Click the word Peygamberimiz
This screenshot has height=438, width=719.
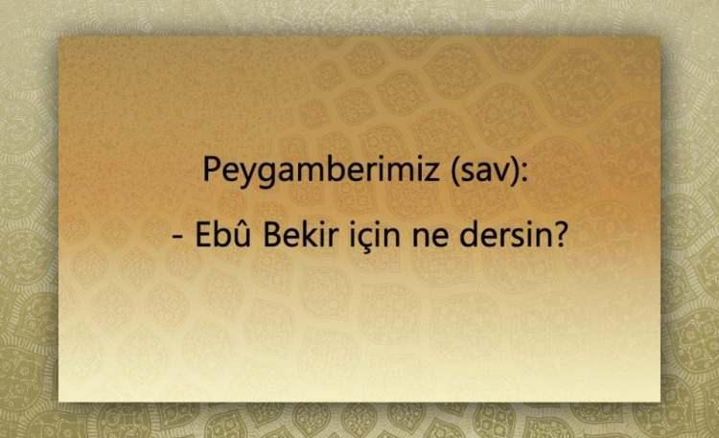(320, 171)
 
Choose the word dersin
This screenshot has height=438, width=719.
(504, 234)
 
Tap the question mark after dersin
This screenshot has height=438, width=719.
(560, 235)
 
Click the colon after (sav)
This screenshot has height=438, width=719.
(524, 173)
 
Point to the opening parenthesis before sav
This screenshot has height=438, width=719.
(455, 173)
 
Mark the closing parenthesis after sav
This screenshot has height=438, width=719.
(515, 173)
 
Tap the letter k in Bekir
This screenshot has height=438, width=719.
(312, 235)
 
